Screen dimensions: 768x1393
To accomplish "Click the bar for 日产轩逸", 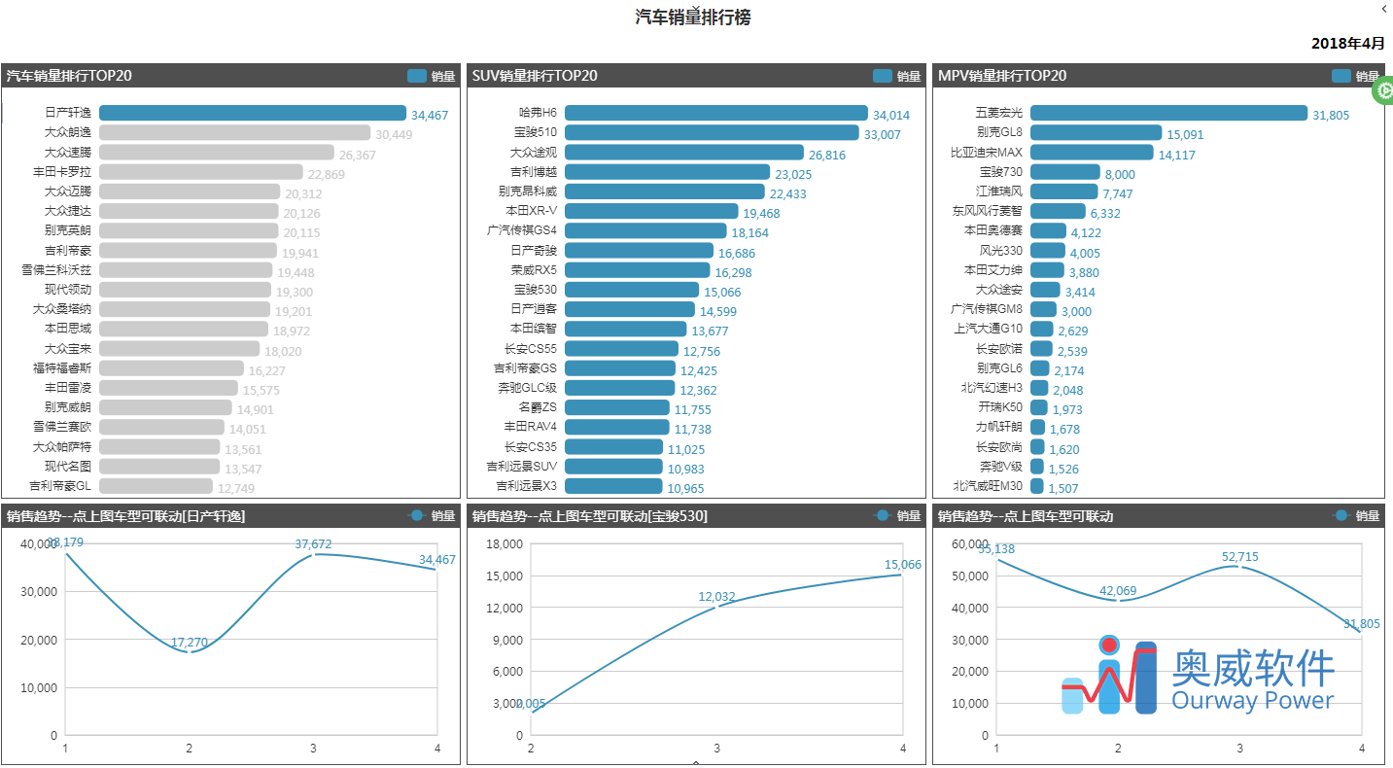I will pos(253,114).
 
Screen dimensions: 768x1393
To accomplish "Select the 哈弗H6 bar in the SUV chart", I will pos(715,114).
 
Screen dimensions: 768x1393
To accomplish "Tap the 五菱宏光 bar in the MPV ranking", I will pos(1168,114).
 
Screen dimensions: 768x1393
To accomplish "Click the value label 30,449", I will pos(394,135).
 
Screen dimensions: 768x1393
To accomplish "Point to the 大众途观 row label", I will pos(534,153).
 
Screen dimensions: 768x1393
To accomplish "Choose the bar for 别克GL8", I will pos(1096,133).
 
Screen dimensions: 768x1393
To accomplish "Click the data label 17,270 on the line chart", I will pos(190,643).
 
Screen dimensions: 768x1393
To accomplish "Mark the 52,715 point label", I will pos(1240,557).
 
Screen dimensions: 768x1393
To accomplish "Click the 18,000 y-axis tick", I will pos(505,543).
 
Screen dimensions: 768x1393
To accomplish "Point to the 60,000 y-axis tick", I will pos(970,543).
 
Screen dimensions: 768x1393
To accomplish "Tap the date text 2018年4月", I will pos(1347,44).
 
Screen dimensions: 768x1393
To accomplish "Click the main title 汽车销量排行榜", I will pos(693,17).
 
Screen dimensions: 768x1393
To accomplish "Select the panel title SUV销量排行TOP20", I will pos(535,76).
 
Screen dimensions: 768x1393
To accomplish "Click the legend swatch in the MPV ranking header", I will pos(1341,76).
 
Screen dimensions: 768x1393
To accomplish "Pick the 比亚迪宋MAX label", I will pos(987,153).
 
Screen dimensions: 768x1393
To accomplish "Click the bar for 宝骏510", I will pos(712,133).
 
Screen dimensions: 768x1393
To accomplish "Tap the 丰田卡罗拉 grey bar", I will pos(201,172).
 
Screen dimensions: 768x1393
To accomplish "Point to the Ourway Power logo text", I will pos(1253,701).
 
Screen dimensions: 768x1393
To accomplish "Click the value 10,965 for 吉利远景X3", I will pos(685,488).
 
